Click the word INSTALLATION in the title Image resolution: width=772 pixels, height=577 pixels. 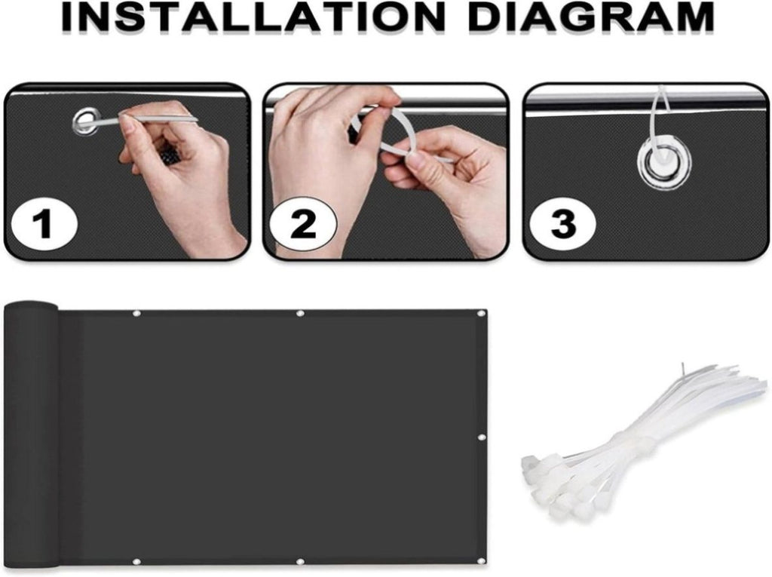[x=253, y=17]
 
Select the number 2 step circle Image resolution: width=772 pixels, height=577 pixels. [x=303, y=225]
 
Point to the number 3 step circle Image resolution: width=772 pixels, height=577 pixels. [x=562, y=225]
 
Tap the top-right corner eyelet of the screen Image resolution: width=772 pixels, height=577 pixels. [x=480, y=314]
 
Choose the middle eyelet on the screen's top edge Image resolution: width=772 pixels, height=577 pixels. [x=300, y=313]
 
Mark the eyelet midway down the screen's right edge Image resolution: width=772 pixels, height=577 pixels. [x=481, y=438]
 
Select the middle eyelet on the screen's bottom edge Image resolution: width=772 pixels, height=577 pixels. [x=300, y=562]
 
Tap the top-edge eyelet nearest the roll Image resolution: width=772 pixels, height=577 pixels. [x=136, y=313]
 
